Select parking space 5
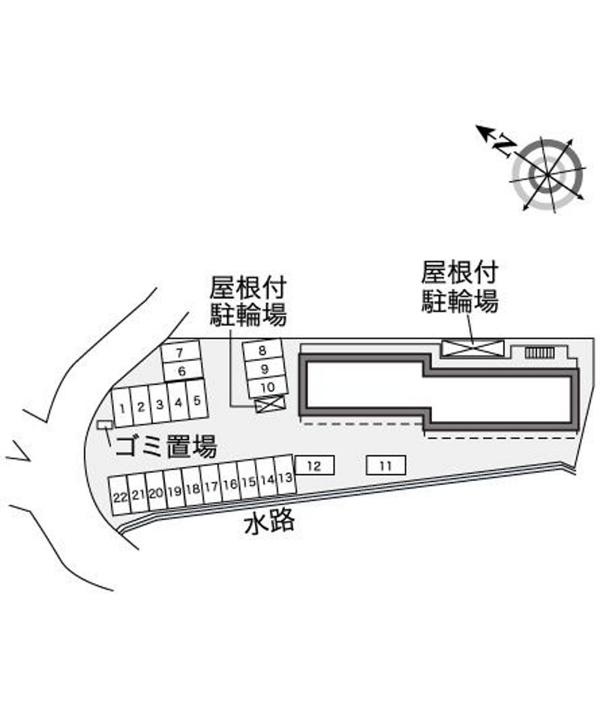[x=196, y=400]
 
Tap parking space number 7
[x=180, y=352]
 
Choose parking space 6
[x=181, y=370]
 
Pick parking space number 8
[x=262, y=350]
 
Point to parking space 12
[x=314, y=466]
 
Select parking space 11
[x=385, y=466]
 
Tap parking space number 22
[x=119, y=497]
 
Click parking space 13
[x=284, y=477]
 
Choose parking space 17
[x=211, y=487]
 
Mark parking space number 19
[x=174, y=492]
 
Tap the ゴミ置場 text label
[x=165, y=448]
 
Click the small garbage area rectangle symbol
[x=105, y=426]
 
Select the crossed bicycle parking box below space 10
[x=269, y=405]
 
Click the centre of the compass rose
[x=547, y=174]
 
